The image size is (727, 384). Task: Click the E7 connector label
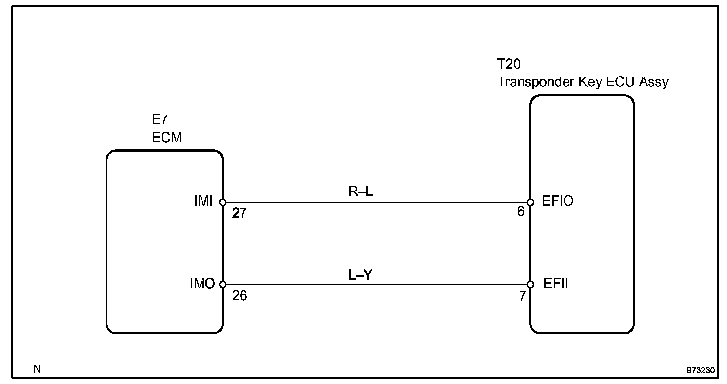point(160,120)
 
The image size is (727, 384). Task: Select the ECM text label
point(167,138)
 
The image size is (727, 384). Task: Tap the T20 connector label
point(509,64)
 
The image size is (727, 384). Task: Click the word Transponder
point(535,81)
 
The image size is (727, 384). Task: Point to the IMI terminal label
point(203,201)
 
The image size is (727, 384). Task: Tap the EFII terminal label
point(556,284)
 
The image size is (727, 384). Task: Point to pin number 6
point(520,213)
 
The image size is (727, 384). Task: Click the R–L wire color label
point(361,191)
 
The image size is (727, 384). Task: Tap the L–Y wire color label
point(361,274)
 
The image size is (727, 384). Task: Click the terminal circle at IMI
point(223,202)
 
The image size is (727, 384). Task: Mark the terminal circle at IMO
point(223,285)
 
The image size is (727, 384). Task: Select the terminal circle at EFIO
point(530,202)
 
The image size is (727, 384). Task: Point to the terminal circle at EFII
point(530,285)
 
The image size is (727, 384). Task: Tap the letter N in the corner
point(37,369)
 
